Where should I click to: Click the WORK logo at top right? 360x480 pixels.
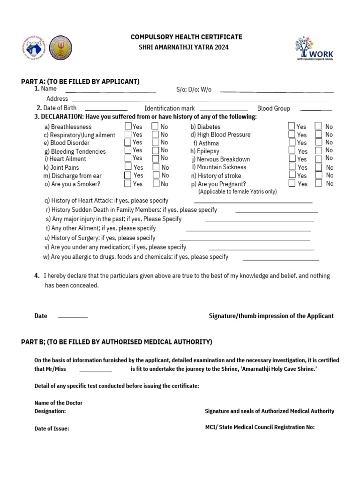(x=314, y=49)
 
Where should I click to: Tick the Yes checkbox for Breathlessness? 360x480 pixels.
(x=128, y=126)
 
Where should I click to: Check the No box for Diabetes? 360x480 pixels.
(x=318, y=126)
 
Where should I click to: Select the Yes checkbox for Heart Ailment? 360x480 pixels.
(x=128, y=158)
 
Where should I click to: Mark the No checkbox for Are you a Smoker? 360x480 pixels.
(x=156, y=184)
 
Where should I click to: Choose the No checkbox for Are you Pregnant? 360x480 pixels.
(x=318, y=183)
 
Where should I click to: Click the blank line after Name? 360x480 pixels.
(x=111, y=91)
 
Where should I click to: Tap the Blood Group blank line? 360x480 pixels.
(x=315, y=110)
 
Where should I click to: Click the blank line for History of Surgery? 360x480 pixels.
(x=245, y=240)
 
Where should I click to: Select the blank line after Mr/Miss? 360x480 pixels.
(x=96, y=371)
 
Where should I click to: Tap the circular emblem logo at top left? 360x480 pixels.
(x=60, y=47)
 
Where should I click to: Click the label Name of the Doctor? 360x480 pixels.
(x=59, y=403)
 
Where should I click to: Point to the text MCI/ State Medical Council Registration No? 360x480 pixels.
(x=260, y=427)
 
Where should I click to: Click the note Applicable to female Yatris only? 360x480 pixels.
(x=237, y=192)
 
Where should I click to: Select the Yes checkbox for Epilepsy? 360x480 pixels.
(x=292, y=150)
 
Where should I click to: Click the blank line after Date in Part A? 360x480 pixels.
(x=73, y=318)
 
